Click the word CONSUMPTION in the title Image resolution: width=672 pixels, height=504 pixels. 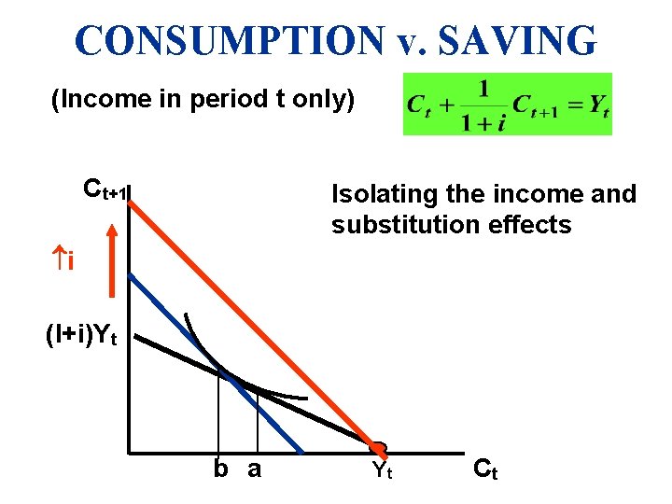229,40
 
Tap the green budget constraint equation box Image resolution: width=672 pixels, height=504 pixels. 507,104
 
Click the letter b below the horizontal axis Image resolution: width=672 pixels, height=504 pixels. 220,469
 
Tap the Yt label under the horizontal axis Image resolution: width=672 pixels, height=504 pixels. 382,470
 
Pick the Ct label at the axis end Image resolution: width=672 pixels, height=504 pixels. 485,469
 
